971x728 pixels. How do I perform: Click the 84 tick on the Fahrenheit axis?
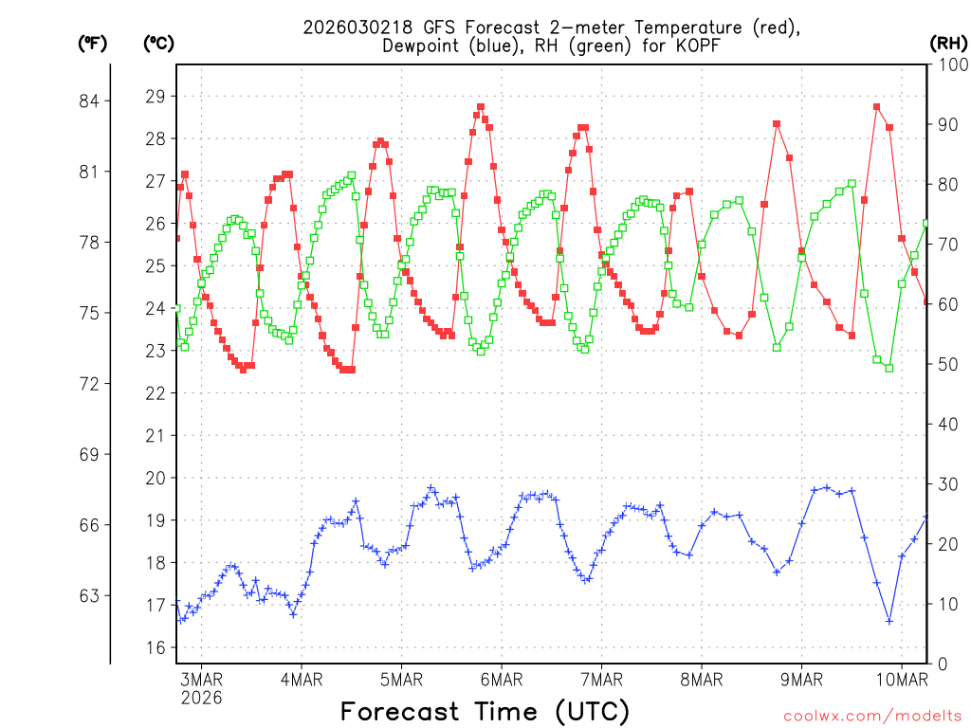pos(94,100)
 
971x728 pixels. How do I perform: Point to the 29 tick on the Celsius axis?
pos(156,96)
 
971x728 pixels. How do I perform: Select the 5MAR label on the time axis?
pos(401,679)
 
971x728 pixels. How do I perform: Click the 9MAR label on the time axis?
pos(801,679)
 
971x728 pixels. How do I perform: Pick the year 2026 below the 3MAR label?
pos(201,698)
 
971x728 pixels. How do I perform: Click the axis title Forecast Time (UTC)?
pos(485,711)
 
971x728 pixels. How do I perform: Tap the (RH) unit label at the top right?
pos(948,43)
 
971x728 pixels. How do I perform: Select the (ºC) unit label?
pos(159,43)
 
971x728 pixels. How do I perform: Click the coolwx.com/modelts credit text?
pos(870,715)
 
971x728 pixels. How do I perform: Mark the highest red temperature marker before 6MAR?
pos(481,107)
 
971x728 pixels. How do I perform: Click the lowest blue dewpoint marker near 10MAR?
pos(889,621)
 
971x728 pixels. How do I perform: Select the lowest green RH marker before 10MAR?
pos(889,368)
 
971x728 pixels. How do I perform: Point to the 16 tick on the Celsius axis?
pos(156,647)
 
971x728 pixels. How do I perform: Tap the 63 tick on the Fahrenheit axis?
pos(94,595)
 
